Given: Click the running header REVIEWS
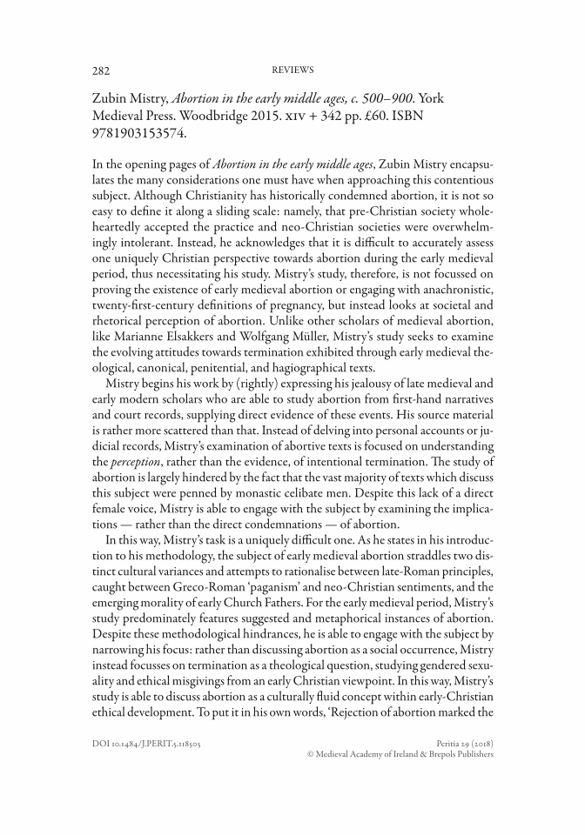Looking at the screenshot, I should [292, 69].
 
